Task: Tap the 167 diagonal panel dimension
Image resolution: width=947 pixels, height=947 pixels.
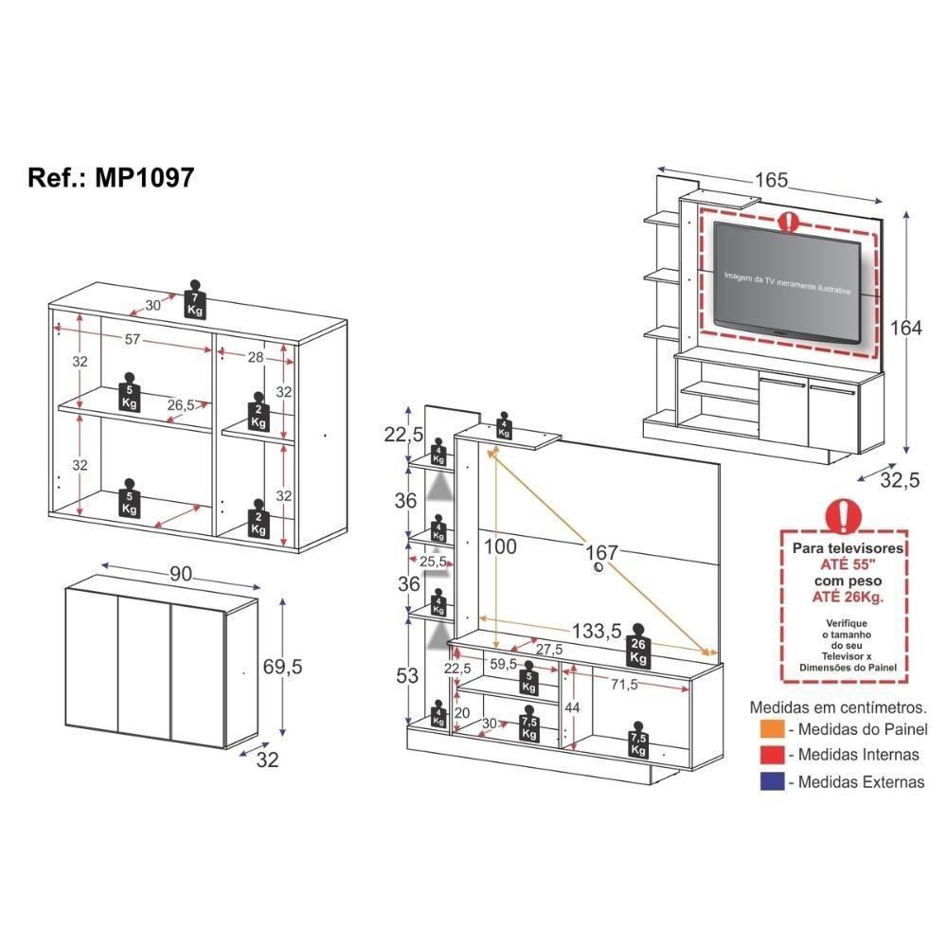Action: pos(600,551)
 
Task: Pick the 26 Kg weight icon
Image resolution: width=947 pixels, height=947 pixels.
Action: pos(637,646)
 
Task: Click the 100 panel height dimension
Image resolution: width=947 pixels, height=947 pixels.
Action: pos(500,547)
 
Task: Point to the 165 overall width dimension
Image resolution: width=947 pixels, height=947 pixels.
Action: pos(772,179)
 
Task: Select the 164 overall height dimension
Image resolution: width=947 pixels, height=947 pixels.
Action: pos(905,328)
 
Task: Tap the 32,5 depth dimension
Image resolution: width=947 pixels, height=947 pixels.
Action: pos(900,480)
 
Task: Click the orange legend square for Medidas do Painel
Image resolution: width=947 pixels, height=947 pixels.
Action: pos(770,729)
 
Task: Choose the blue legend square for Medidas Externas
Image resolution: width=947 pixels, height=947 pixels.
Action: pos(770,781)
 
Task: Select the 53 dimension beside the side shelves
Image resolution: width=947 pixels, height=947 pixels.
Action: pos(408,675)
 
